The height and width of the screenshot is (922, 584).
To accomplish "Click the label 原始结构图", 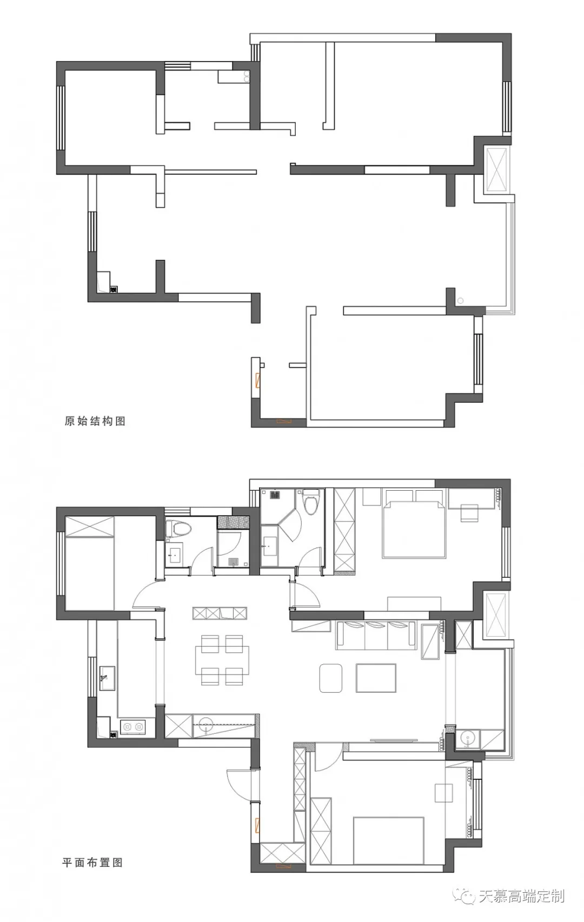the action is [95, 421].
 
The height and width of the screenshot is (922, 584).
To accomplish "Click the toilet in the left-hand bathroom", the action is [178, 528].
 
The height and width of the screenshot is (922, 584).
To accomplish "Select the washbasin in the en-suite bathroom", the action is [270, 546].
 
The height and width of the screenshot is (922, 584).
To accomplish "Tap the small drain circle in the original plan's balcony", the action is [461, 301].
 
